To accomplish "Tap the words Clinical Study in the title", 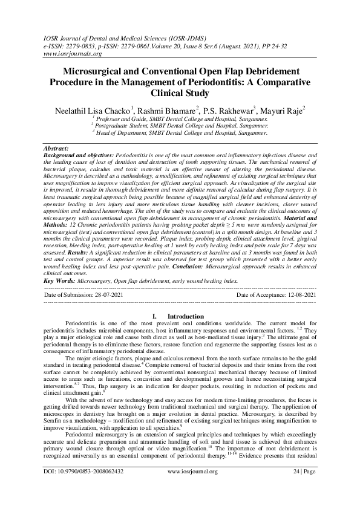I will tap(180, 93).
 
